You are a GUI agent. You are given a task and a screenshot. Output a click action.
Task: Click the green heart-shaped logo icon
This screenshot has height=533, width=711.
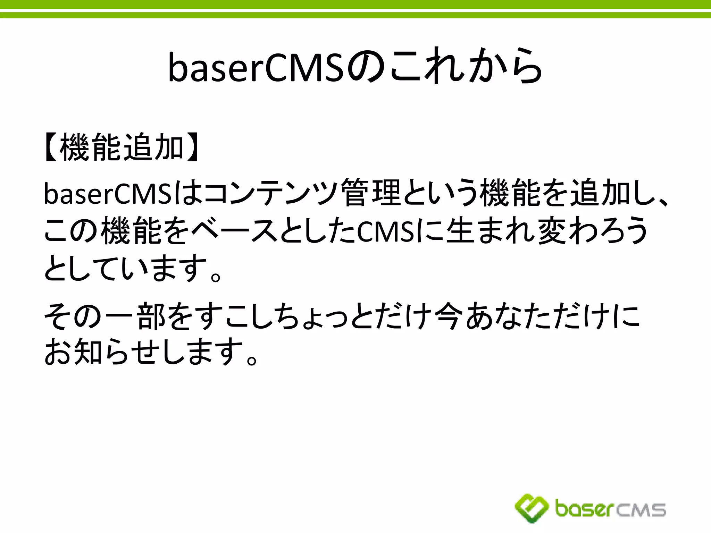(531, 508)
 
